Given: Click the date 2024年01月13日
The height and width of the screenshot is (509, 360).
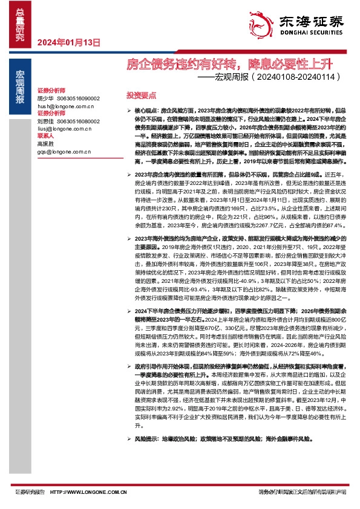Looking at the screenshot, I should pyautogui.click(x=68, y=42).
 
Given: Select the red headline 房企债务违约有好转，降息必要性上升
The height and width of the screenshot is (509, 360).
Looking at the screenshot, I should pyautogui.click(x=229, y=63).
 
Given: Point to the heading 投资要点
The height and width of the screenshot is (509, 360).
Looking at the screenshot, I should pyautogui.click(x=141, y=96).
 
